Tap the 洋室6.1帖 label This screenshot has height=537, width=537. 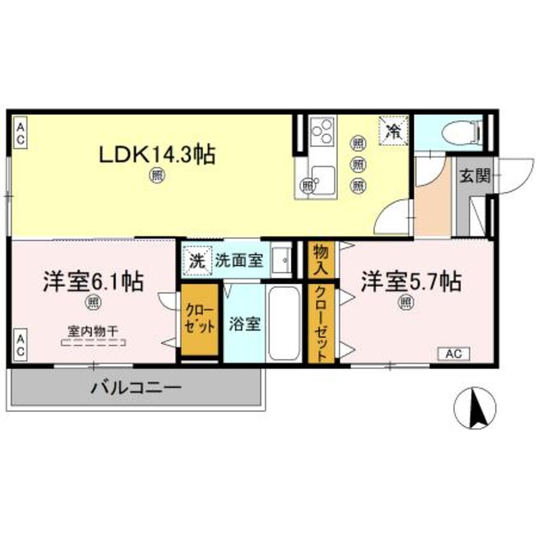pos(93,281)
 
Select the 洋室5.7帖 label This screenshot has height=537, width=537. pos(411,281)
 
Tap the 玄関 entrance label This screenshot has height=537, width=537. pos(475,176)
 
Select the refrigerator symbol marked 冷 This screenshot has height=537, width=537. pos(393,132)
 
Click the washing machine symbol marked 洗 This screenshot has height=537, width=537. pos(196,260)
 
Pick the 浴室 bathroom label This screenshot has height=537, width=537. pos(244,324)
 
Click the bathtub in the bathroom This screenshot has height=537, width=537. pos(283,323)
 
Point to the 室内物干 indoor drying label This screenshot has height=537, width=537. pos(94,330)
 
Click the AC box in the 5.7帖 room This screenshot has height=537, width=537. pos(454,354)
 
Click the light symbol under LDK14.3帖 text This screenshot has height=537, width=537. pos(156,177)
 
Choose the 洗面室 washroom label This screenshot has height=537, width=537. pos(238,260)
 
